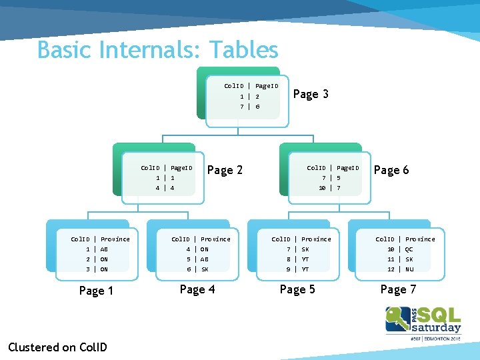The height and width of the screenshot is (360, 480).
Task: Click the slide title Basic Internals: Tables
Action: (157, 50)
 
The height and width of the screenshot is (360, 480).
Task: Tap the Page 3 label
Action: (311, 94)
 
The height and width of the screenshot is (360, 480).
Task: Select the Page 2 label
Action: (225, 170)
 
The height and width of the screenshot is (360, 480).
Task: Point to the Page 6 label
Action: (391, 170)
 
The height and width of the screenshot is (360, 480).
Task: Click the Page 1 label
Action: (96, 291)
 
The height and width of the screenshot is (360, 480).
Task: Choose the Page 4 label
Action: (197, 289)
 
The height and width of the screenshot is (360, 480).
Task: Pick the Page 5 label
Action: (297, 289)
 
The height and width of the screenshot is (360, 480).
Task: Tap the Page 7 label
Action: (398, 289)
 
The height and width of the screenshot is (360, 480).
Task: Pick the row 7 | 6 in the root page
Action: (250, 107)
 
